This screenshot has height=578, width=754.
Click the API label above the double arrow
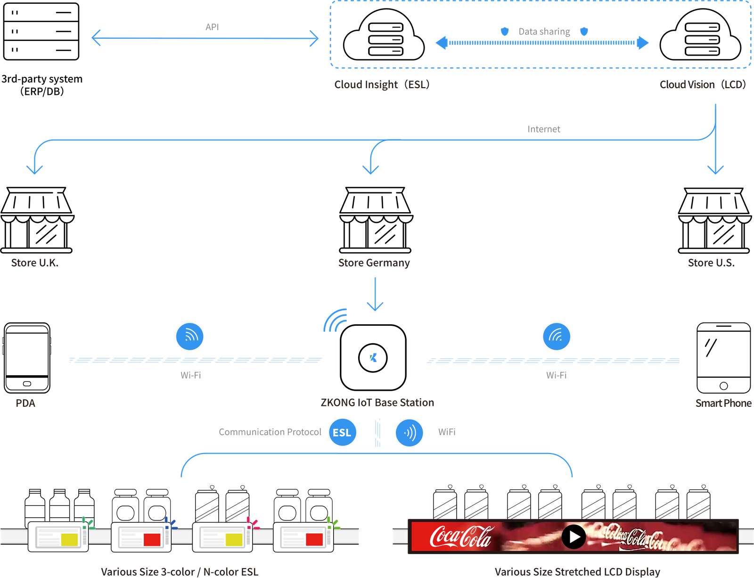(212, 27)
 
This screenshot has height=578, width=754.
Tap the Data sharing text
(544, 32)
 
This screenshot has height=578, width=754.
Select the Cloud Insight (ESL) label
(382, 84)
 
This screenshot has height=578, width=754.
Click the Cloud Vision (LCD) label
(703, 84)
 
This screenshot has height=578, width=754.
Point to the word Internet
(544, 129)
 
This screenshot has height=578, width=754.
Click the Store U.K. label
(34, 263)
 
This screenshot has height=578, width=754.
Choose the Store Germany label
(374, 263)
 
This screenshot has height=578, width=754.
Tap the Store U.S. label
(711, 263)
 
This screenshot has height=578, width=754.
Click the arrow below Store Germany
(375, 295)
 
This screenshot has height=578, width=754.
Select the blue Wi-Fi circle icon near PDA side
(189, 336)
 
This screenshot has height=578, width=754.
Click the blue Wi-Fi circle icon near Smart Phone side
(557, 336)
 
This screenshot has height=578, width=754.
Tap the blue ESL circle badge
(342, 432)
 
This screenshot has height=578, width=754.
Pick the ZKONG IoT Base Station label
(377, 403)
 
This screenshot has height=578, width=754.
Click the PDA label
(25, 403)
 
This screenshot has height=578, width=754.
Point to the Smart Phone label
(723, 403)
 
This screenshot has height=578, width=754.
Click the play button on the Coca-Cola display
(574, 537)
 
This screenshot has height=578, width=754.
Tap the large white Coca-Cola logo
(460, 537)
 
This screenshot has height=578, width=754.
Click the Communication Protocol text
(270, 432)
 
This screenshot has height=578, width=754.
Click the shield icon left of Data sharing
(505, 32)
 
